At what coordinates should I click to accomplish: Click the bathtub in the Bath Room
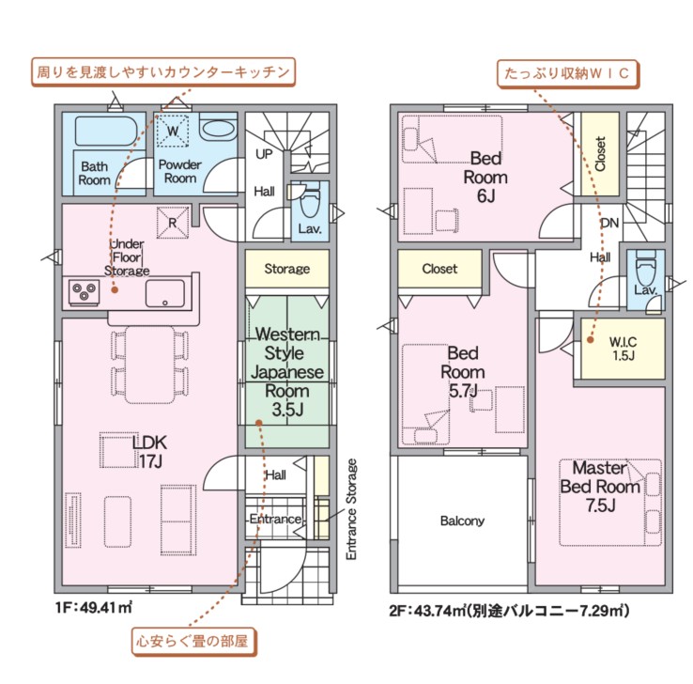pyautogui.click(x=106, y=131)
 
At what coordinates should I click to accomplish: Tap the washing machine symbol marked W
pyautogui.click(x=173, y=130)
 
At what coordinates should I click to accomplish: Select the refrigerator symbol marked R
pyautogui.click(x=173, y=223)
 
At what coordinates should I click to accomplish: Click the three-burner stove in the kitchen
pyautogui.click(x=85, y=292)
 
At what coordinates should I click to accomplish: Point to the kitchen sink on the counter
pyautogui.click(x=165, y=293)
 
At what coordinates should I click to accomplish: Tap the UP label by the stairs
pyautogui.click(x=264, y=154)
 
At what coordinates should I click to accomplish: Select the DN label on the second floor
pyautogui.click(x=610, y=223)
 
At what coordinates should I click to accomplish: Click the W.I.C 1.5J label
pyautogui.click(x=624, y=349)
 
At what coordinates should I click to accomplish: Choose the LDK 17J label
pyautogui.click(x=150, y=451)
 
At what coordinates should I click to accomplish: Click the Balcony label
pyautogui.click(x=462, y=521)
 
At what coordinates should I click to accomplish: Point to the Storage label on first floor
pyautogui.click(x=287, y=269)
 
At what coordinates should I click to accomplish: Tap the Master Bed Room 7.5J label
pyautogui.click(x=600, y=486)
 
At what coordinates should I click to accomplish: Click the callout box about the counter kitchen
pyautogui.click(x=163, y=71)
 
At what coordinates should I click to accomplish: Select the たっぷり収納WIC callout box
pyautogui.click(x=567, y=73)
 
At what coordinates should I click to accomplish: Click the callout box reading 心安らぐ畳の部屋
pyautogui.click(x=193, y=641)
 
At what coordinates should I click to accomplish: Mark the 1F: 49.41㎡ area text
pyautogui.click(x=94, y=608)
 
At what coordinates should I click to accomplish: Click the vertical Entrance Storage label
pyautogui.click(x=351, y=509)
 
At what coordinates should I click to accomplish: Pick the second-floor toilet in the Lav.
pyautogui.click(x=645, y=269)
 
